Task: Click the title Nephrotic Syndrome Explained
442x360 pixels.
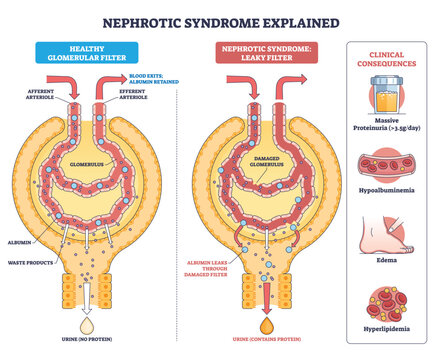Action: pyautogui.click(x=220, y=21)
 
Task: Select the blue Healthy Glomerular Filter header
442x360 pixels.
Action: pyautogui.click(x=95, y=54)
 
